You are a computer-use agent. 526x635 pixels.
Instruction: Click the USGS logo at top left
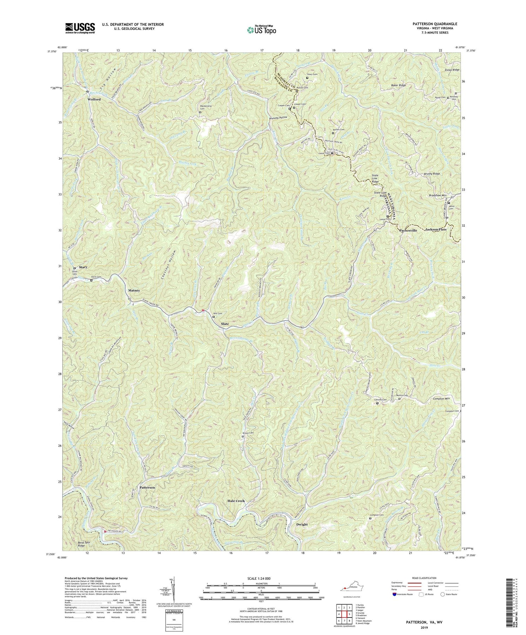coord(80,28)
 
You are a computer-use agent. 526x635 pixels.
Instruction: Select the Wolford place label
coord(94,99)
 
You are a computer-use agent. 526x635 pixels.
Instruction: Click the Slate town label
coord(225,324)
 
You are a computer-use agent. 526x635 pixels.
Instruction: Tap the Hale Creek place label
coord(235,501)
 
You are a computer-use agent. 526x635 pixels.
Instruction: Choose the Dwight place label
coord(302,524)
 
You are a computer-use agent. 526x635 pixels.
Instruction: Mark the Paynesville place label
coord(408,231)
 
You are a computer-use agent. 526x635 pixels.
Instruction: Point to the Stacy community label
coord(83,267)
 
